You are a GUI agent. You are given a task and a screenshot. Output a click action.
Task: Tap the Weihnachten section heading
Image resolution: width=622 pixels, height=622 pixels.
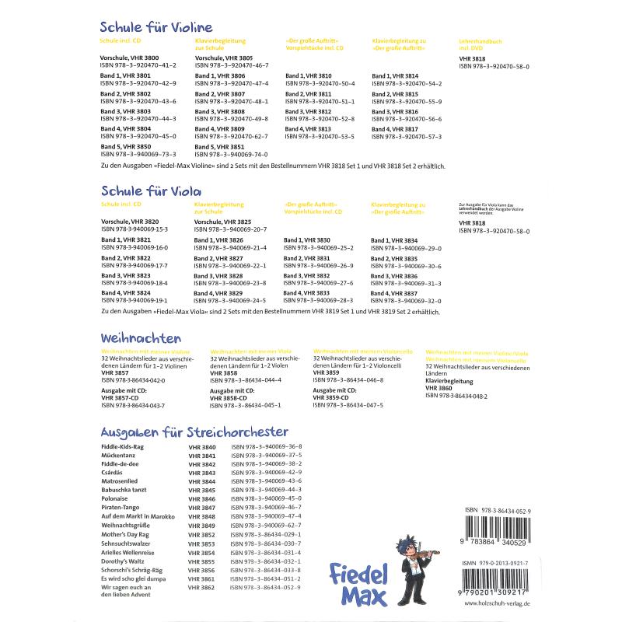pos(141,339)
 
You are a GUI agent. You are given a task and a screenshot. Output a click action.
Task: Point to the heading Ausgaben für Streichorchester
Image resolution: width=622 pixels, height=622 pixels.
pos(195,432)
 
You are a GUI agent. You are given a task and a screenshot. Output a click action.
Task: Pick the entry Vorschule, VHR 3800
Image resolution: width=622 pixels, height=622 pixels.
pos(130,58)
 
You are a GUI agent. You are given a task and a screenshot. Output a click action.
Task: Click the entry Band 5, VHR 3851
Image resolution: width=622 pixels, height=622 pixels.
pos(219,146)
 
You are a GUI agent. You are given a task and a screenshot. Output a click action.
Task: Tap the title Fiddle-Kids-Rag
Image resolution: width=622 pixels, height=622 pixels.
pos(123,448)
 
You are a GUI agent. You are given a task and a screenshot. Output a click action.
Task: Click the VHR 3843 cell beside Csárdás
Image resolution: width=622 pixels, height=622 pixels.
pos(202,473)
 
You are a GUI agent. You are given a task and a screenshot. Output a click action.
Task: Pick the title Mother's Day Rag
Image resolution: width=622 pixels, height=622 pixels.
pos(127,534)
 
